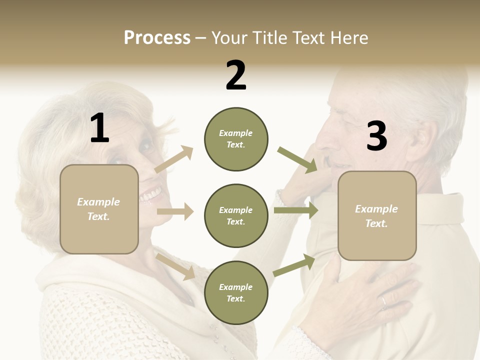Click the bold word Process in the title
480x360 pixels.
pos(157,38)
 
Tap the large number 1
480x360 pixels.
pos(99,128)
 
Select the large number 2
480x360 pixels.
pos(236,75)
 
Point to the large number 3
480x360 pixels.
pos(376,136)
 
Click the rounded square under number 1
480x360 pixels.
pos(99,209)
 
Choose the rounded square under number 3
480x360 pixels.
pos(377,216)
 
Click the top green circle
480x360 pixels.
pos(236,139)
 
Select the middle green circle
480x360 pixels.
pos(236,216)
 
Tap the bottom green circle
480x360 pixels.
pos(236,293)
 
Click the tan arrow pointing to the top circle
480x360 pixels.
pos(174,159)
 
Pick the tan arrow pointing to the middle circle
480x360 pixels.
pos(175,211)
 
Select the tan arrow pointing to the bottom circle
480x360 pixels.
pos(175,266)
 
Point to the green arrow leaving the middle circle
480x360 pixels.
pos(296,210)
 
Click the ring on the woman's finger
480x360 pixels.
pos(383,301)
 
